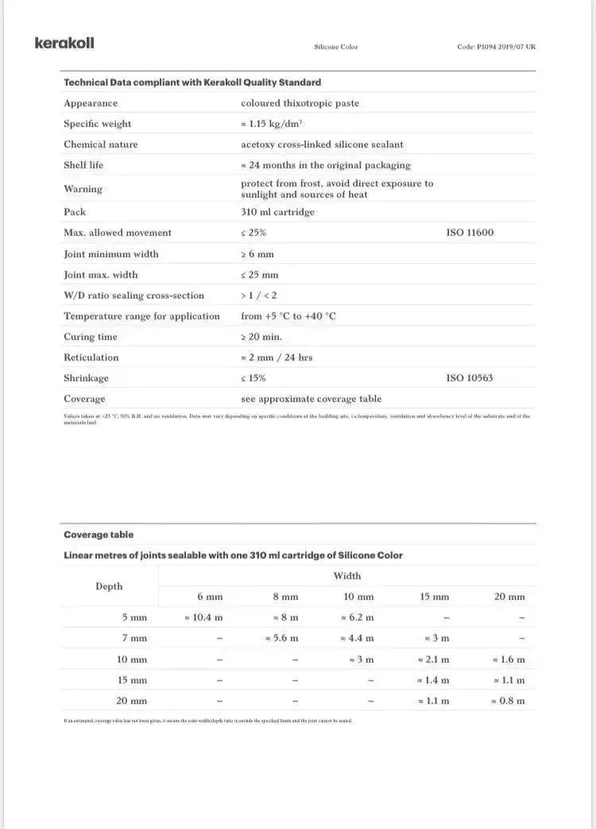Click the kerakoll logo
[64, 43]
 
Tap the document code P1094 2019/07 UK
[496, 47]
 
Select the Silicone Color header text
[336, 47]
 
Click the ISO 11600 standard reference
[470, 233]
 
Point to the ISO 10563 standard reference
[470, 378]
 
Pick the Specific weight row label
[98, 124]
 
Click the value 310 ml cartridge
[277, 212]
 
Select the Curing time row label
[91, 337]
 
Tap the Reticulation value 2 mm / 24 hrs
[277, 358]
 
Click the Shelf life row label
[83, 165]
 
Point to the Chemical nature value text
[322, 145]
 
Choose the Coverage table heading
[99, 535]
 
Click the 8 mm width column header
[284, 597]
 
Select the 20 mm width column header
[509, 597]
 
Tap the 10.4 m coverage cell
[203, 618]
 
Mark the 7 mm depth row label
[134, 638]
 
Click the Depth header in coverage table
[110, 587]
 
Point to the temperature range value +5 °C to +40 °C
[288, 316]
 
